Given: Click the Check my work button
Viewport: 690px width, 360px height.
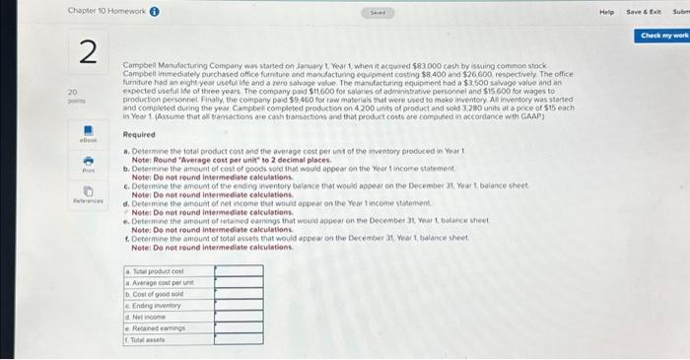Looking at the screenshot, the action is pos(663,36).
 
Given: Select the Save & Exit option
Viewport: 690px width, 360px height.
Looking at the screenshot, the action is pos(643,11).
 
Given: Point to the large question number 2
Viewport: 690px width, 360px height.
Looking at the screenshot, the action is pos(87,55).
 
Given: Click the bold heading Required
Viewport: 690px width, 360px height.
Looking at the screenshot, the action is pos(138,134).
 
